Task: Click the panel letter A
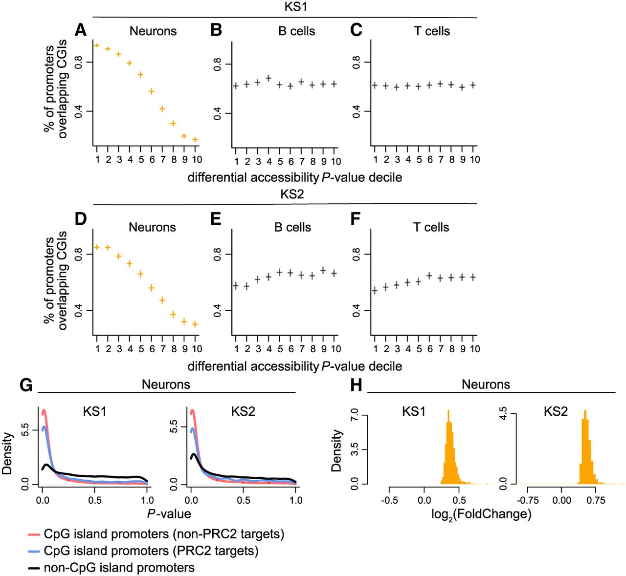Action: [81, 31]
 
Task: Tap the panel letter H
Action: [357, 385]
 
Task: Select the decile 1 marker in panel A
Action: [97, 45]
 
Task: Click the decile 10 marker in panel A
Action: [195, 140]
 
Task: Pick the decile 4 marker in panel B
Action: [268, 78]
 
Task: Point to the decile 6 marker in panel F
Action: [429, 276]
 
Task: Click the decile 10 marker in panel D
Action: [195, 324]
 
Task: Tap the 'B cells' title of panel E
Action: [292, 227]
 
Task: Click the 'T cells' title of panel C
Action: [432, 31]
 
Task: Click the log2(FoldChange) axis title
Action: [481, 514]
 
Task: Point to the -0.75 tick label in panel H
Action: [528, 500]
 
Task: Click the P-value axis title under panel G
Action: [169, 513]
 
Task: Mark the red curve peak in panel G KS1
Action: [44, 410]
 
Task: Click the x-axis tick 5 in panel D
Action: [141, 349]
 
